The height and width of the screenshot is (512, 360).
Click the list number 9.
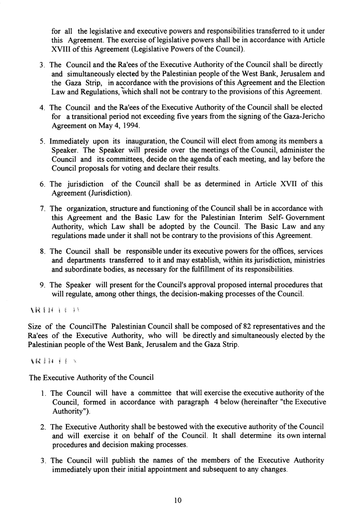click(x=42, y=285)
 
